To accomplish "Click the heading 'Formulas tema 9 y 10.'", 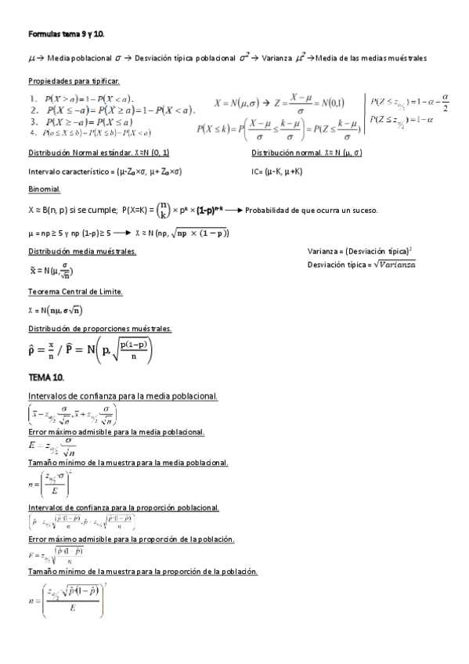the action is (x=66, y=35).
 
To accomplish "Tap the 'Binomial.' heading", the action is (x=44, y=189).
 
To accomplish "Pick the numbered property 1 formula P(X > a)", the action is (x=86, y=99).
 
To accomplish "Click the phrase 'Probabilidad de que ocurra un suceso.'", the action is (x=311, y=211).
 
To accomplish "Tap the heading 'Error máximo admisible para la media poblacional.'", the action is (x=116, y=432).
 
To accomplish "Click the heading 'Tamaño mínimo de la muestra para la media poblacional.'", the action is (x=128, y=463).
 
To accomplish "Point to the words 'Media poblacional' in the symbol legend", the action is (x=77, y=59).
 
